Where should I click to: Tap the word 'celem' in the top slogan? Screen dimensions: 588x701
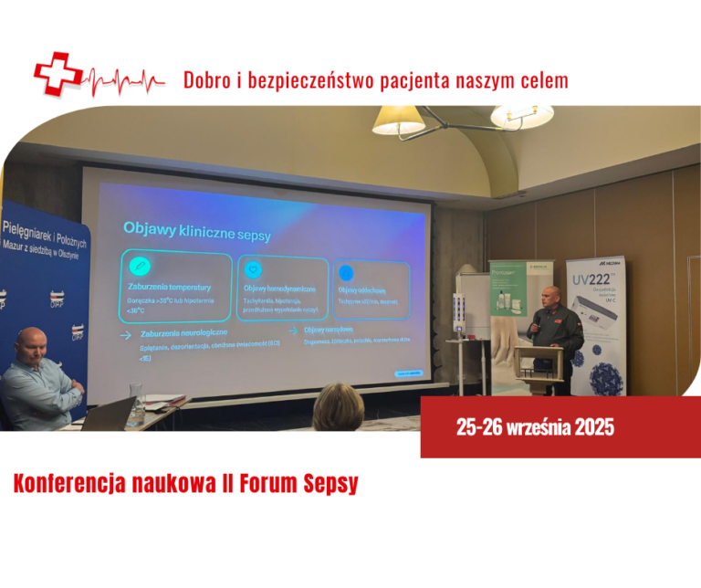[x=542, y=80]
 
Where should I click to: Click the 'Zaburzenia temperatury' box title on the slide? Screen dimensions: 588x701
[x=170, y=287]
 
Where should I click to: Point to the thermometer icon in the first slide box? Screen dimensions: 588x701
[x=140, y=266]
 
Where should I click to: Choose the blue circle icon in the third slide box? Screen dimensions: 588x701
[x=347, y=271]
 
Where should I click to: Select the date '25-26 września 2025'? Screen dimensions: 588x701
[x=535, y=427]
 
